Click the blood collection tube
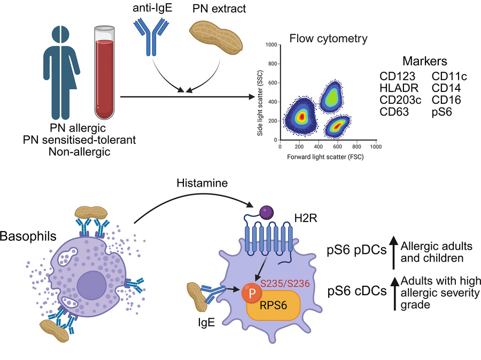coord(103,70)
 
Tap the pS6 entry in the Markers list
coord(443,112)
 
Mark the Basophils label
coord(22,236)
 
